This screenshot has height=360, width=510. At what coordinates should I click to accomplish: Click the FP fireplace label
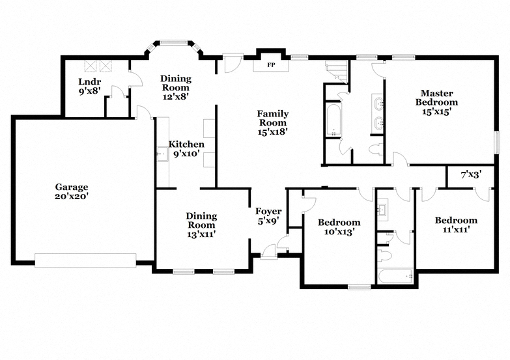tap(271, 65)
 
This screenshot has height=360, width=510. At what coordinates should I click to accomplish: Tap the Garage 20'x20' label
tap(72, 191)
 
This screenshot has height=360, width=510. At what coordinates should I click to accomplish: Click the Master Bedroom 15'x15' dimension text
tap(436, 111)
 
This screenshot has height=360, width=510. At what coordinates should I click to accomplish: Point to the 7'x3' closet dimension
tap(471, 174)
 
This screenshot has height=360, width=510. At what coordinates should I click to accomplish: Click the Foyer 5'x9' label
tap(268, 216)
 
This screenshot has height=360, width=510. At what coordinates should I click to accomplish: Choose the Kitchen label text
tap(186, 144)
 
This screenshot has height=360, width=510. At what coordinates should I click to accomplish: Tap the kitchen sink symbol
tap(162, 154)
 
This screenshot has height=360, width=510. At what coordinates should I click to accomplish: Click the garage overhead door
tap(85, 260)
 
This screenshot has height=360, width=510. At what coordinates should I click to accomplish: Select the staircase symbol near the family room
tap(337, 72)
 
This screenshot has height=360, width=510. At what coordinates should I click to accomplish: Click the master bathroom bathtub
tap(333, 120)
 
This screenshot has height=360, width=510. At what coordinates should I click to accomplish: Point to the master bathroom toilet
tap(376, 149)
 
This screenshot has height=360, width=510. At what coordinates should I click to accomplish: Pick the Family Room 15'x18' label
tap(272, 122)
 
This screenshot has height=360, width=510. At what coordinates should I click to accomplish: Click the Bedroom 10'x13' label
tap(339, 227)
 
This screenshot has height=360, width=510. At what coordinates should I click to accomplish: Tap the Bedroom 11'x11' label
tap(456, 225)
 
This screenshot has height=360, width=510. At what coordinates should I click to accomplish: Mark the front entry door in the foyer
tap(269, 252)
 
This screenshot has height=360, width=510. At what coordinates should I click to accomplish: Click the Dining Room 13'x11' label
tap(201, 225)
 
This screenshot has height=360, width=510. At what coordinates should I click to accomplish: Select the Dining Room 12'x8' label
tap(176, 87)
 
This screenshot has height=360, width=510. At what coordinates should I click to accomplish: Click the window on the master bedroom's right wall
tap(497, 142)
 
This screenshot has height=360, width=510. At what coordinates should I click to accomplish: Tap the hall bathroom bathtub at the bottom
tap(395, 276)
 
